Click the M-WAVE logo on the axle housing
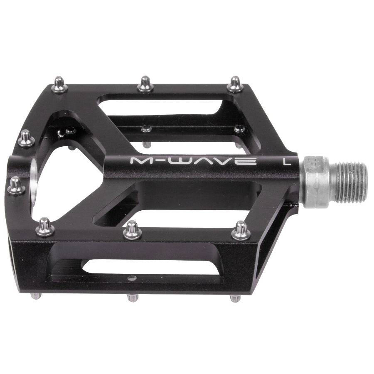(193, 160)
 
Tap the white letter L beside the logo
(287, 161)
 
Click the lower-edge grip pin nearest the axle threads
(240, 231)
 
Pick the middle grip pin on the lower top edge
(133, 230)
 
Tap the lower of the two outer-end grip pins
(17, 185)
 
